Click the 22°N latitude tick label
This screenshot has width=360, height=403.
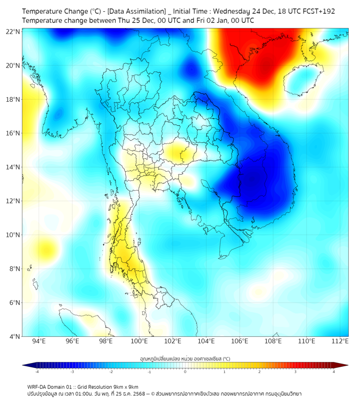pos(13,31)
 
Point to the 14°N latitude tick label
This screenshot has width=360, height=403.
pos(13,167)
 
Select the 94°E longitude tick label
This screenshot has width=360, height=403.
pos(39,342)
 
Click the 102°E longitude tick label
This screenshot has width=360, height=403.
pos(173,342)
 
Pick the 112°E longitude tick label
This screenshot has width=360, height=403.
pos(340,342)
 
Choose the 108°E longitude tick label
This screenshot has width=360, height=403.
pos(273,342)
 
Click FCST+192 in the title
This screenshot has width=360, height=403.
pos(317,11)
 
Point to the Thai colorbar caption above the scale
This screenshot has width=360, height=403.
pos(185,358)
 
